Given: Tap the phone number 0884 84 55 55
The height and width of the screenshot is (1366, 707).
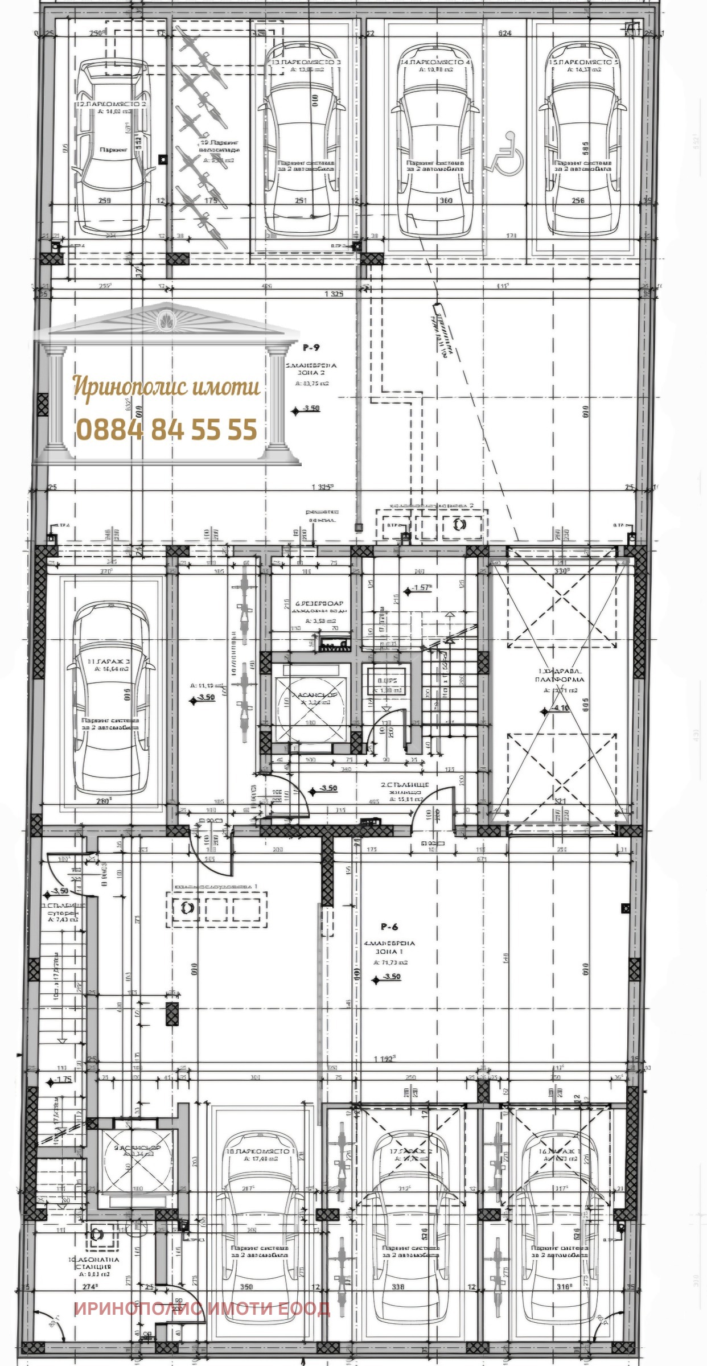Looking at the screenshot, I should click(x=166, y=429).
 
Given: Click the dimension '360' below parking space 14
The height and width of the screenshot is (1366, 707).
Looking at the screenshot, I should click(x=445, y=200).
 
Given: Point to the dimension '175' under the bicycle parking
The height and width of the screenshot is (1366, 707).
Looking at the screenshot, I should click(x=212, y=200).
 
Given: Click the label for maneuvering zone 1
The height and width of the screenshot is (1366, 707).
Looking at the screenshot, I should click(x=389, y=947).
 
